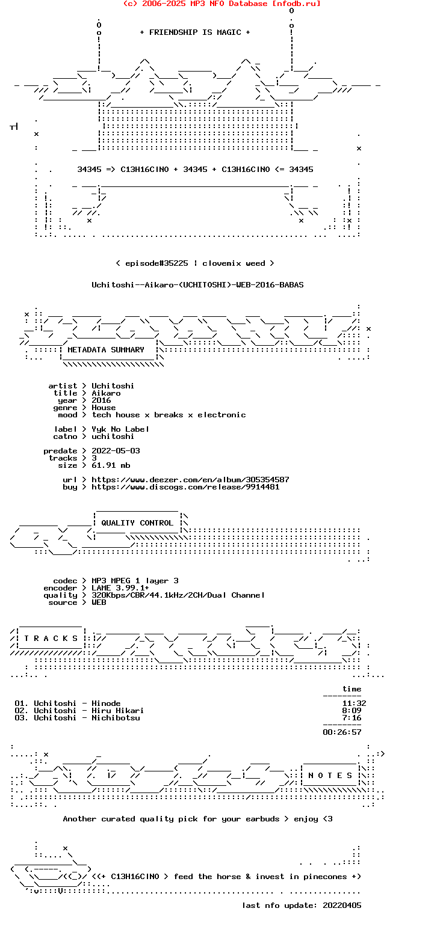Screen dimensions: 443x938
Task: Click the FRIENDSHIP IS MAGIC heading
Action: click(x=195, y=32)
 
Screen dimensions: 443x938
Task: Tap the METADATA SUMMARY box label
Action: click(x=105, y=350)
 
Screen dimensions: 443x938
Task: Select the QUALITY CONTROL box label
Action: click(x=137, y=523)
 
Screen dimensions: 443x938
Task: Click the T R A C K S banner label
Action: click(x=51, y=639)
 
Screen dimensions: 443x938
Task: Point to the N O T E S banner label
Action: click(x=330, y=776)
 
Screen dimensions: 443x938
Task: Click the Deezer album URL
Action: click(x=190, y=480)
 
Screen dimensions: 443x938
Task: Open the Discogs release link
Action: click(x=185, y=487)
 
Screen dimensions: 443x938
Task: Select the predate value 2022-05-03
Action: click(x=116, y=451)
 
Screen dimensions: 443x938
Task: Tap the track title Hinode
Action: click(x=106, y=703)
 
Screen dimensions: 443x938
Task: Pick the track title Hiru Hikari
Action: click(x=117, y=711)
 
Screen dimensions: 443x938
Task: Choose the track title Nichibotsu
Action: click(x=116, y=718)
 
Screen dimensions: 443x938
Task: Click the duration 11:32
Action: click(x=354, y=703)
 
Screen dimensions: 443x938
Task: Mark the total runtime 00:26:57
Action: click(x=342, y=732)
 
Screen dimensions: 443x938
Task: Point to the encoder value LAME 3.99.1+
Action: click(x=120, y=588)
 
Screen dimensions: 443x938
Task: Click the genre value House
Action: click(x=104, y=408)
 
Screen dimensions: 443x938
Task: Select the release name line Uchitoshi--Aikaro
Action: click(x=197, y=285)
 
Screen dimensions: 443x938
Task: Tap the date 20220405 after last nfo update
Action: click(x=342, y=906)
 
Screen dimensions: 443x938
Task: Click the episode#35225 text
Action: click(x=156, y=263)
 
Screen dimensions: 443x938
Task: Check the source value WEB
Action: click(x=99, y=602)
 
